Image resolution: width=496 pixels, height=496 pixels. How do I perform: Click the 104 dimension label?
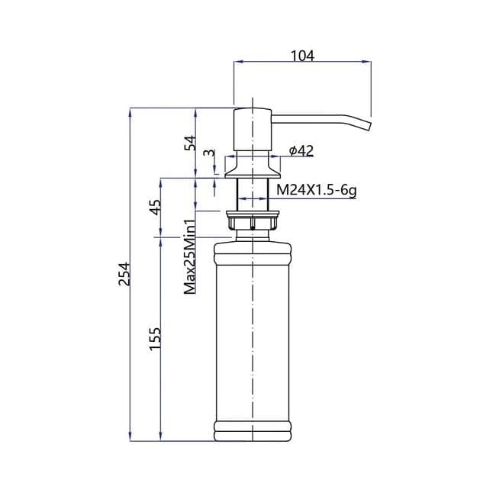point(302,56)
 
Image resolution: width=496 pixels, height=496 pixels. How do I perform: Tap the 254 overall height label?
point(124,274)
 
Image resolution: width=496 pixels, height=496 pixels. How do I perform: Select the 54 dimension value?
point(191,143)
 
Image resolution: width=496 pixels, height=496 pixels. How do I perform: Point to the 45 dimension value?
point(155,208)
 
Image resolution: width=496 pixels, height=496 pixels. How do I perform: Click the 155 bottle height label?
point(155,339)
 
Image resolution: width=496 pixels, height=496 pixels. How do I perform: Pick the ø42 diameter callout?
point(301,151)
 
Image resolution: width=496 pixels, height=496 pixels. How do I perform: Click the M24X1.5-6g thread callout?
point(317,191)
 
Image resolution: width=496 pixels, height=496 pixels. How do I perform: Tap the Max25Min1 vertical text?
point(190,256)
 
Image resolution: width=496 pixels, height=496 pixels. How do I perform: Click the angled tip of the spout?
point(368,124)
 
